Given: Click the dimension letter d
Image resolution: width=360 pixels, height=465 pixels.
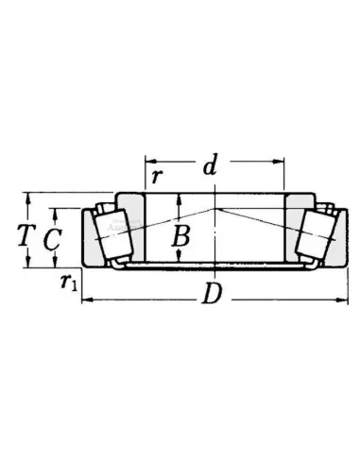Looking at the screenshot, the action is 210,164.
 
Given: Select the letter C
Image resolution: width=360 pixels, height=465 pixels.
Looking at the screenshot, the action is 52,239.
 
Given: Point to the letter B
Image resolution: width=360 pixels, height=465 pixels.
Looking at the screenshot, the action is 181,236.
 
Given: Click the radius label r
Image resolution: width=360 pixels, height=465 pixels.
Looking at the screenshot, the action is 156,177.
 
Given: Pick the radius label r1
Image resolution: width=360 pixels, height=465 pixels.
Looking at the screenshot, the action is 69,282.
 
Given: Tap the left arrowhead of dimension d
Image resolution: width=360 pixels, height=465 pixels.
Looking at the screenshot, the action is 150,162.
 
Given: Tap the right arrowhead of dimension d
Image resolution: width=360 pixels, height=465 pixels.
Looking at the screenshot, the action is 279,162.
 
